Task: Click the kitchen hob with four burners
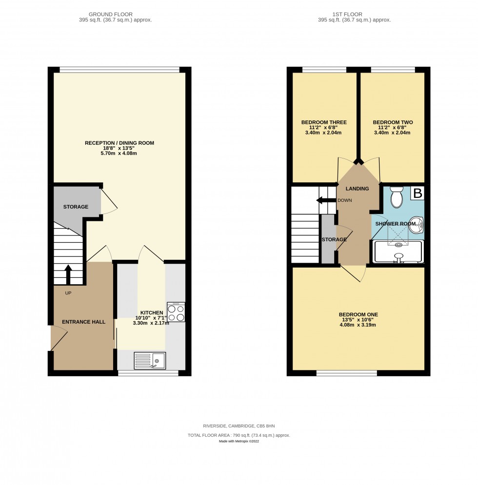176,312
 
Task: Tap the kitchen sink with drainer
150,360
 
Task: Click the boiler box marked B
417,193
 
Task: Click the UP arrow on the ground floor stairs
68,274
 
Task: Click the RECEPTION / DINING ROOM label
119,143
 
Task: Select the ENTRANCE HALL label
80,322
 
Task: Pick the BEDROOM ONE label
358,314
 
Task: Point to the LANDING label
357,189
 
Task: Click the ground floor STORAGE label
76,207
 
